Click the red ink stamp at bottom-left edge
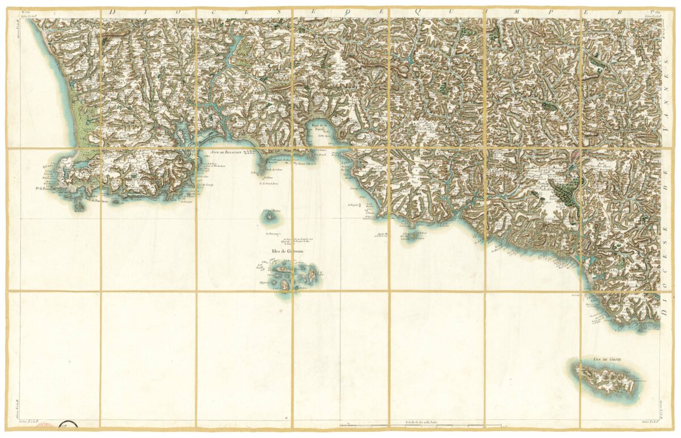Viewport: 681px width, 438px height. coord(50,424)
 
